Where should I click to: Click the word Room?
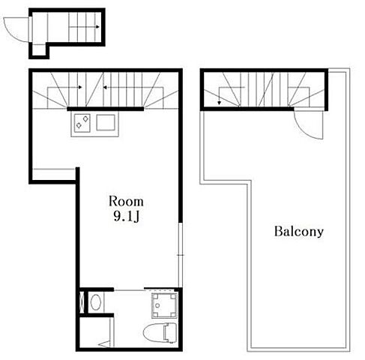click(126, 202)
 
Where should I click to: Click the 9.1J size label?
click(126, 216)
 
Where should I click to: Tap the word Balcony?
click(299, 232)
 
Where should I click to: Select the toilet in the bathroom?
click(160, 332)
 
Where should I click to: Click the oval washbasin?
click(95, 302)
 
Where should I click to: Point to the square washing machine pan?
click(164, 304)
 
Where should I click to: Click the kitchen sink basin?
click(106, 122)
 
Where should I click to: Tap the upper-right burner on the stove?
click(85, 118)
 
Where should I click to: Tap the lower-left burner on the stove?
click(79, 125)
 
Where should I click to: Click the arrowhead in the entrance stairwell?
click(97, 27)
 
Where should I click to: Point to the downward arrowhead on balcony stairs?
click(219, 103)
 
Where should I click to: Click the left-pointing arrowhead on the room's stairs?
click(105, 87)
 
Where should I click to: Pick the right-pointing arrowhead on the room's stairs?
click(80, 87)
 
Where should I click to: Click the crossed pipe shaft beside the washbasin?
click(82, 302)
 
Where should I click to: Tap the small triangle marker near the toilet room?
click(104, 344)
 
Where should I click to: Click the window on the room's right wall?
click(181, 255)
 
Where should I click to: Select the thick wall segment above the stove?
click(105, 109)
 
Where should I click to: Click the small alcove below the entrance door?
click(39, 50)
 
